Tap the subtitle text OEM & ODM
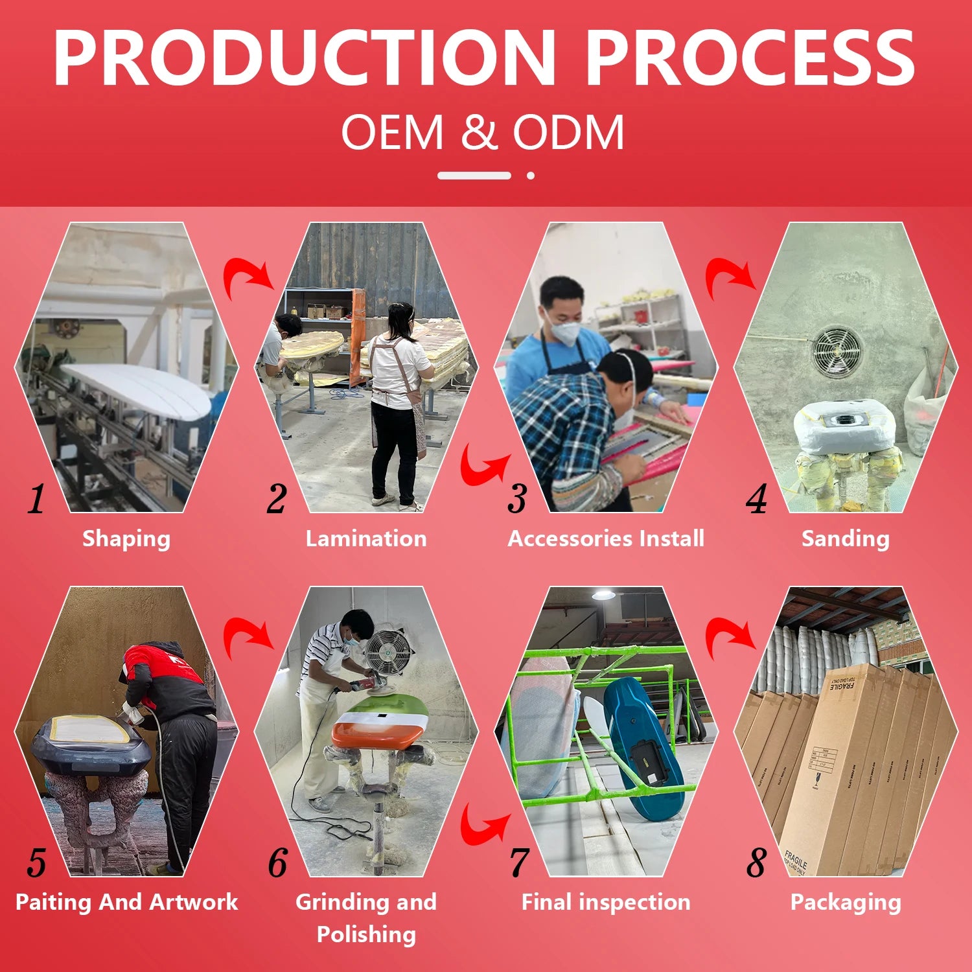pyautogui.click(x=483, y=132)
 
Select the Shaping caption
pyautogui.click(x=126, y=539)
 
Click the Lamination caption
pyautogui.click(x=366, y=538)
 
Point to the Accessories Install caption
pyautogui.click(x=606, y=538)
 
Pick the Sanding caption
pyautogui.click(x=846, y=539)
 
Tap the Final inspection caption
pyautogui.click(x=606, y=902)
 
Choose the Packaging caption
pyautogui.click(x=846, y=903)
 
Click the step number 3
pyautogui.click(x=517, y=498)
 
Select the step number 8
pyautogui.click(x=756, y=862)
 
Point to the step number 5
pyautogui.click(x=37, y=862)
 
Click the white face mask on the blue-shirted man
pyautogui.click(x=563, y=331)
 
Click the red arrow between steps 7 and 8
pyautogui.click(x=730, y=638)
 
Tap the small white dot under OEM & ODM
pyautogui.click(x=531, y=176)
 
